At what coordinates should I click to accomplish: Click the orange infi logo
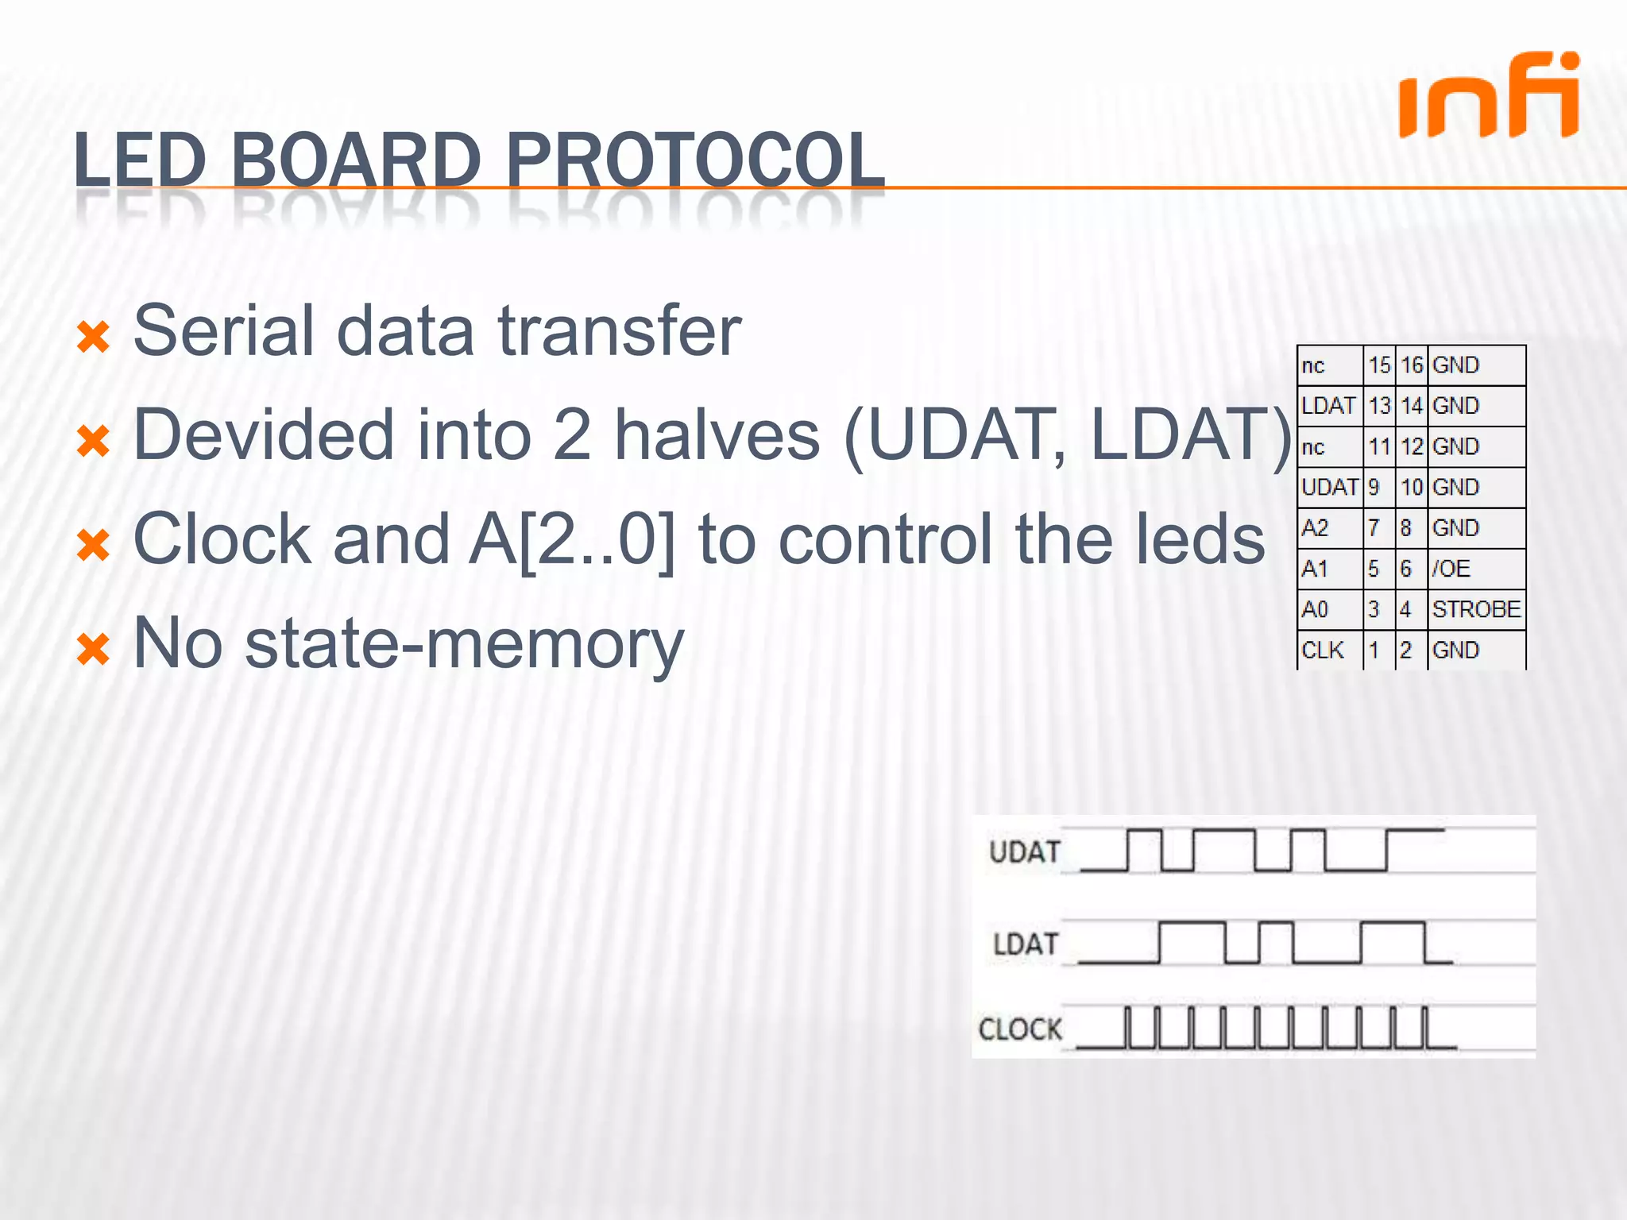pyautogui.click(x=1489, y=97)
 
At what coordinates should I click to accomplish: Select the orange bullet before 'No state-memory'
pyautogui.click(x=93, y=649)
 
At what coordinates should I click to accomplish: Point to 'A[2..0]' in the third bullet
pyautogui.click(x=571, y=540)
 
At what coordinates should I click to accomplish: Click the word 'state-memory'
pyautogui.click(x=464, y=644)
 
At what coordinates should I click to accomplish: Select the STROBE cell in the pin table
pyautogui.click(x=1475, y=609)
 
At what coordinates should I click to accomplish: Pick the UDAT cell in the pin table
pyautogui.click(x=1329, y=487)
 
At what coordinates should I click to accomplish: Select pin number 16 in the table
pyautogui.click(x=1411, y=365)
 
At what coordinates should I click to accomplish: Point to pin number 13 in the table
pyautogui.click(x=1379, y=406)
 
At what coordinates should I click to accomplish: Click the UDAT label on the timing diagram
pyautogui.click(x=1024, y=852)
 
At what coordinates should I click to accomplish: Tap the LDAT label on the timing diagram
pyautogui.click(x=1026, y=944)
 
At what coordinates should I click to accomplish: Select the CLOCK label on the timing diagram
pyautogui.click(x=1019, y=1029)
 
